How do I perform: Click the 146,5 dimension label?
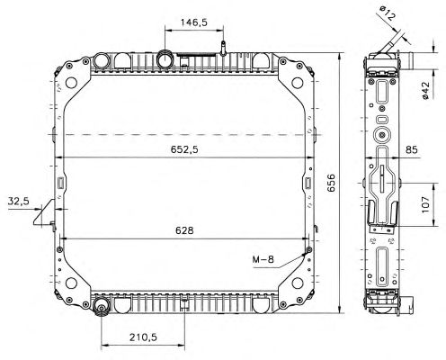[x=193, y=22]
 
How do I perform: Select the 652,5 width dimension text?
[x=184, y=149]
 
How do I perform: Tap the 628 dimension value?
[x=184, y=230]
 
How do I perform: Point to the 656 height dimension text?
[x=331, y=183]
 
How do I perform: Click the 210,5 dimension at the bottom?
[x=143, y=337]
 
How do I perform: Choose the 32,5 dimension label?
[x=19, y=201]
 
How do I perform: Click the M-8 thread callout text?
[x=263, y=259]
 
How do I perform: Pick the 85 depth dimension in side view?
[x=412, y=149]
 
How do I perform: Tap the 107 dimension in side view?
[x=425, y=205]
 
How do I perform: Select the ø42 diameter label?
[x=425, y=90]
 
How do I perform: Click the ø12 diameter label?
[x=387, y=13]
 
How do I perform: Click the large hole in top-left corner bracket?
[x=71, y=83]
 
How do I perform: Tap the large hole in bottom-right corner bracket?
[x=298, y=283]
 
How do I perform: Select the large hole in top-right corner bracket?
[x=298, y=83]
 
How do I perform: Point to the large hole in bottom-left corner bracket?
[x=71, y=283]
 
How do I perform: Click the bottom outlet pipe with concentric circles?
[x=102, y=308]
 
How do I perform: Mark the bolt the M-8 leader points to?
[x=309, y=249]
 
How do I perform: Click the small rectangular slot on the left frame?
[x=60, y=183]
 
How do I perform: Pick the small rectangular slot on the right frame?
[x=308, y=183]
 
